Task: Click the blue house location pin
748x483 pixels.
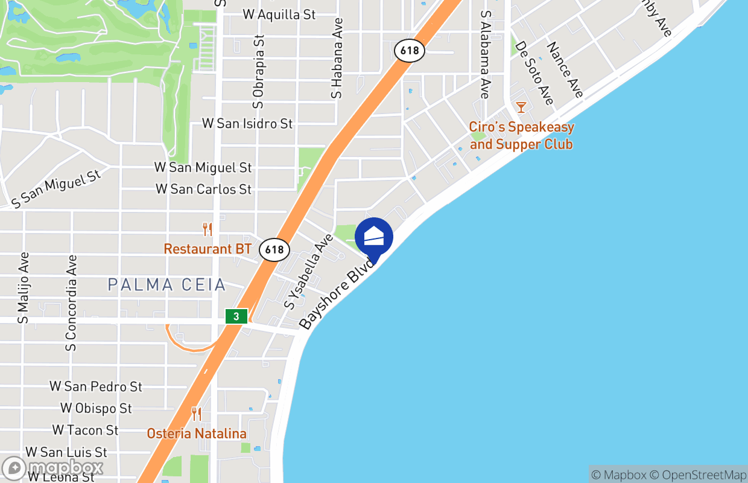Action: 374,237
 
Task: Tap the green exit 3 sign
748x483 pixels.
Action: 236,316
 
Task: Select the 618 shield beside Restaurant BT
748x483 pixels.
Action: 274,249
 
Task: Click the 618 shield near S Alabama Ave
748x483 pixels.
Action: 410,51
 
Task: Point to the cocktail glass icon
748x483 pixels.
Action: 521,107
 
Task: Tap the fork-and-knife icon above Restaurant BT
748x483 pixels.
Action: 207,229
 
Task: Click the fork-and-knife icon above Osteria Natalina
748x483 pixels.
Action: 197,414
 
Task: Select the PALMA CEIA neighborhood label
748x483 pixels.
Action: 166,284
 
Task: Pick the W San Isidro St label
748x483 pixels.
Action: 247,123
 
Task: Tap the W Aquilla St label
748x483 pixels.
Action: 279,14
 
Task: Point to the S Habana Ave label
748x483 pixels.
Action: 337,58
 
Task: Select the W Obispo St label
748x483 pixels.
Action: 96,408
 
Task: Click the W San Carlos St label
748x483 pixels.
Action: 203,189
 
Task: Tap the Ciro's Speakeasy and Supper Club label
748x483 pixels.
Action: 521,136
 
